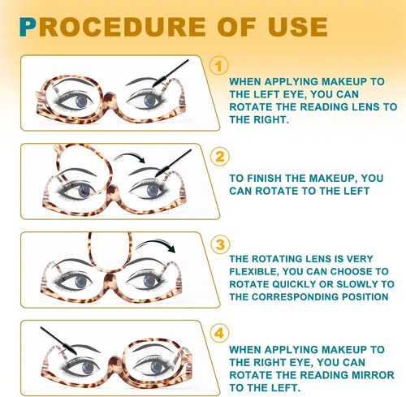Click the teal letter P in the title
point(28,27)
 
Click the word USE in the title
point(298,27)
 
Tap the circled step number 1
point(219,66)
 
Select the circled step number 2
point(220,157)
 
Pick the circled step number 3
point(221,245)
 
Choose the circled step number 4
point(219,333)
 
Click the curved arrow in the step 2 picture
point(130,156)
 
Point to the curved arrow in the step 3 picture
point(157,243)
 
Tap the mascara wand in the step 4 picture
point(58,340)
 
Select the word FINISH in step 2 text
point(264,179)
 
